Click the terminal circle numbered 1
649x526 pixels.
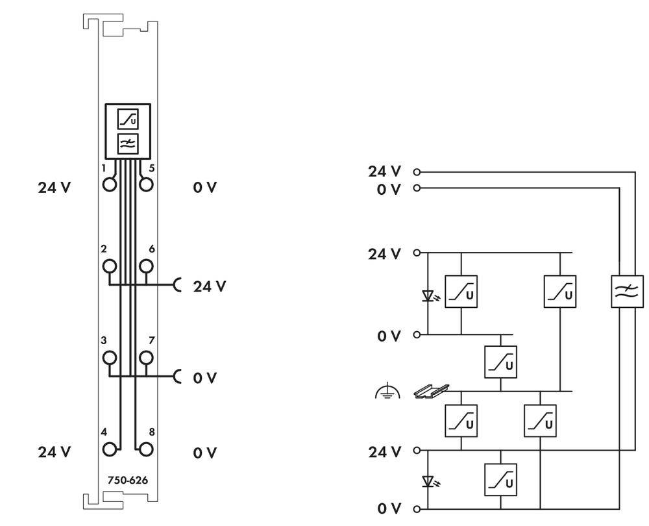pos(110,184)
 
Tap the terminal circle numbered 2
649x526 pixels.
pos(110,266)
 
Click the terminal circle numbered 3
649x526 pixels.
pos(110,357)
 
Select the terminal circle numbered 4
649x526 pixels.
pos(110,449)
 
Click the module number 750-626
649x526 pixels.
pos(128,481)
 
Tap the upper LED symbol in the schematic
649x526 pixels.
pos(428,296)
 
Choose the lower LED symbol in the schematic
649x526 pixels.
pos(428,481)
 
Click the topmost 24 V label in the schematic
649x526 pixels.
pos(384,171)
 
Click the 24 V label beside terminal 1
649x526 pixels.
pos(55,188)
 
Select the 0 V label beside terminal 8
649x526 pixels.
pos(204,453)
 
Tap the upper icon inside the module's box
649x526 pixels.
pos(127,119)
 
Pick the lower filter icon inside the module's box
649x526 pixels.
pos(127,143)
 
